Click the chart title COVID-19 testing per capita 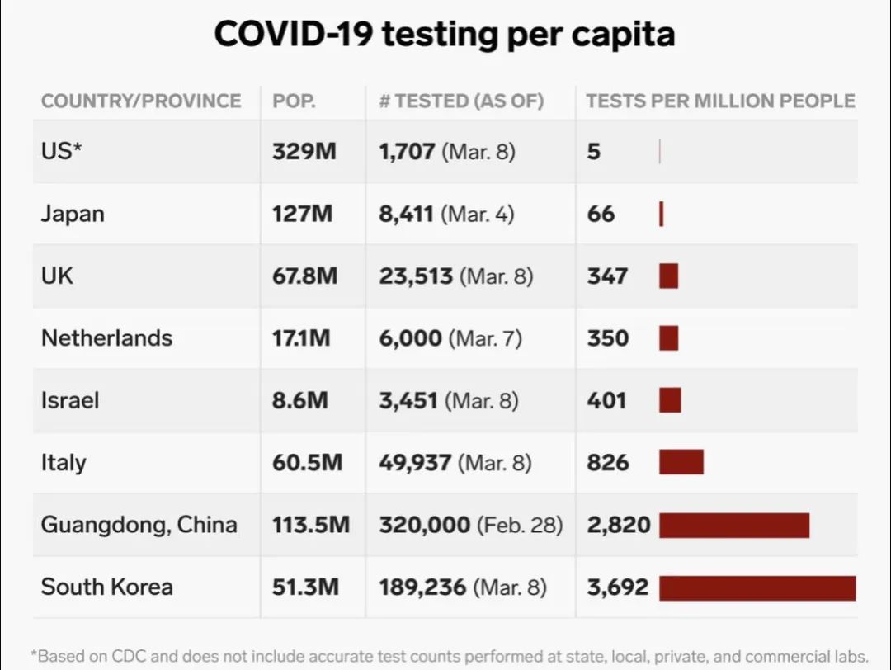point(445,35)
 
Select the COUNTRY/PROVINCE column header point(141,101)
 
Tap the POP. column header point(295,101)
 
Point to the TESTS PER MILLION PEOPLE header point(720,101)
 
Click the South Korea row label point(107,587)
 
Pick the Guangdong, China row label point(139,525)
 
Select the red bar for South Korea point(757,587)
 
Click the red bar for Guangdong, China point(734,525)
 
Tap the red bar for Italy point(681,462)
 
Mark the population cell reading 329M point(304,152)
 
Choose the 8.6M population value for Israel point(300,400)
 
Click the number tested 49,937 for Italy point(415,462)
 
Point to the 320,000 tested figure point(425,525)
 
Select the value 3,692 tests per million point(618,587)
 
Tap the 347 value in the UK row point(608,276)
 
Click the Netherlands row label point(106,338)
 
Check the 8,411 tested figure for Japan point(407,214)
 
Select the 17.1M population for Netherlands point(301,338)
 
